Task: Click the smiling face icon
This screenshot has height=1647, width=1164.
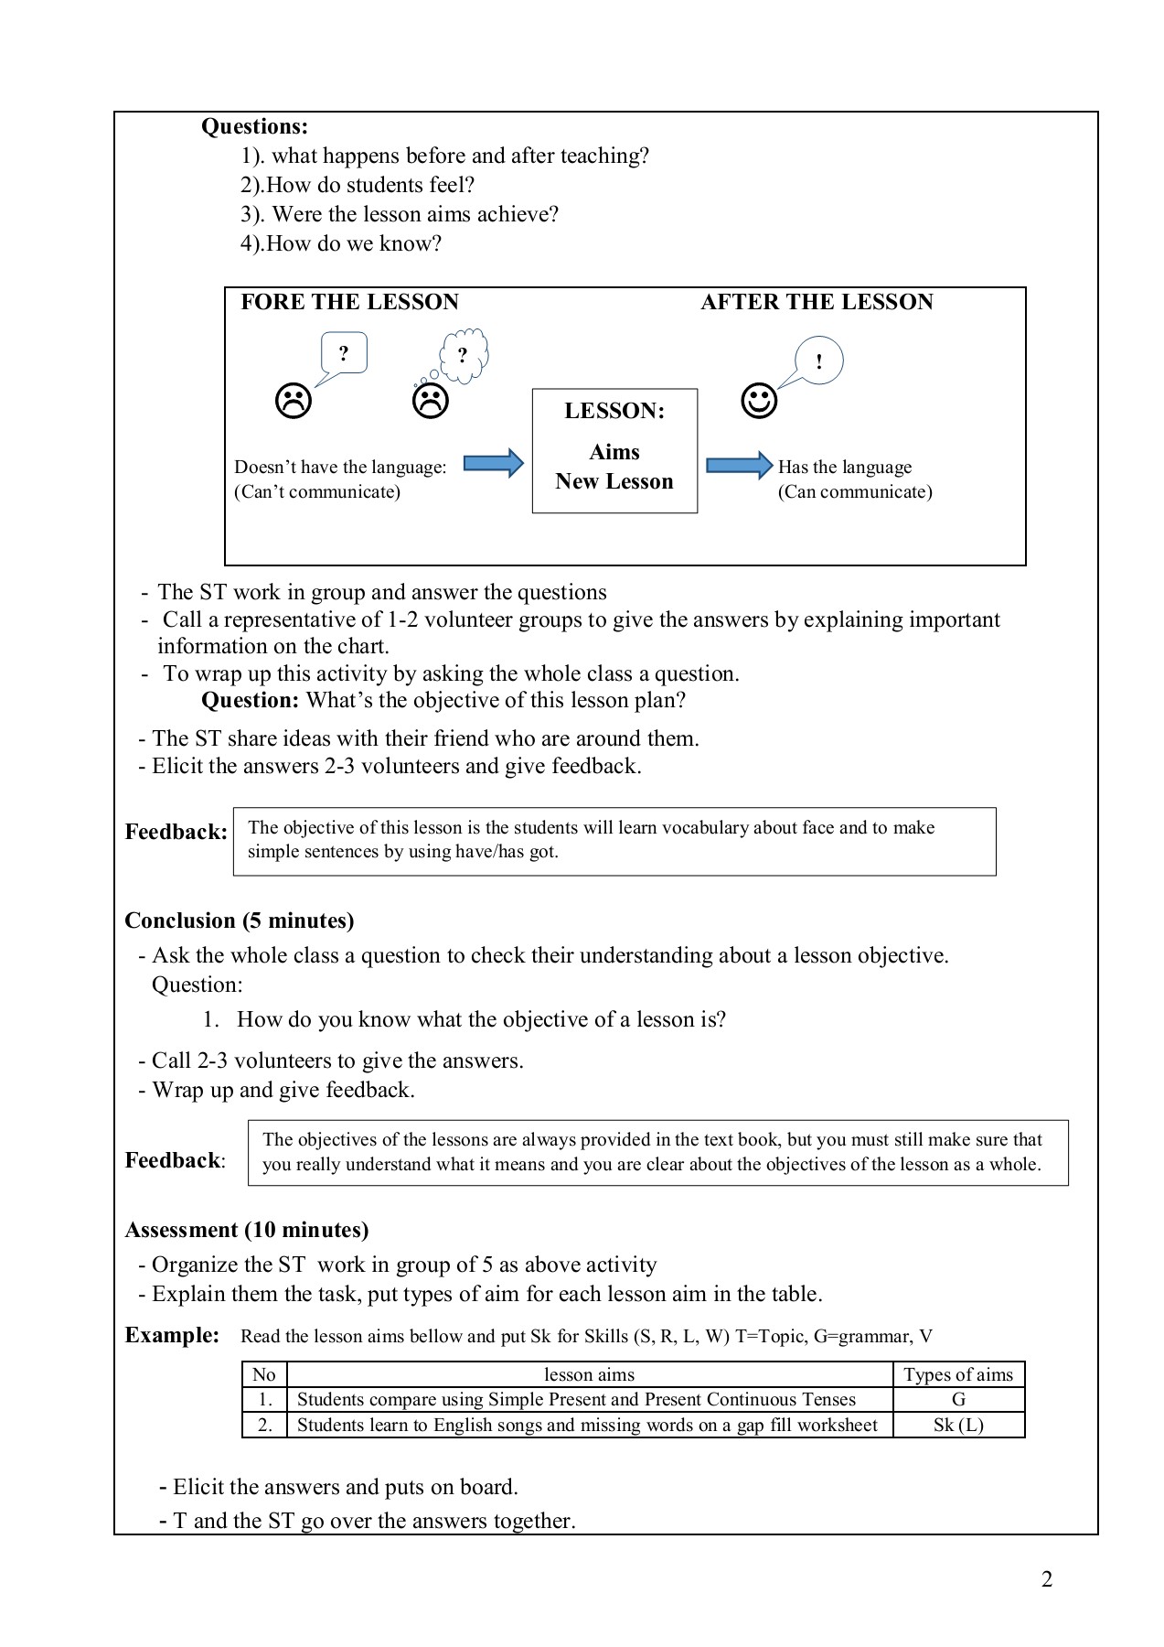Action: click(x=758, y=401)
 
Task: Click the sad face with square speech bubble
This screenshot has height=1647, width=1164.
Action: click(x=293, y=401)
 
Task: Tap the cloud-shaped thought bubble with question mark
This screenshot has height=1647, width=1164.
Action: click(x=464, y=354)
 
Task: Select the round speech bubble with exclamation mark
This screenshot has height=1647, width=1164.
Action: click(x=818, y=361)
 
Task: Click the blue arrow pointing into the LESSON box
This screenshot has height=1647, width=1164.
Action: click(x=493, y=464)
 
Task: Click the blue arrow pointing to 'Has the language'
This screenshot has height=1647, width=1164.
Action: click(x=739, y=465)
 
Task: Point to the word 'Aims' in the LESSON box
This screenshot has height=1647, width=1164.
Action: click(x=614, y=452)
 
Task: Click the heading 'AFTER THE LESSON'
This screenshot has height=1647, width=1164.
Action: click(x=817, y=302)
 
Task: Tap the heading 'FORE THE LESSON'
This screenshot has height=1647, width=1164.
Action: click(x=349, y=302)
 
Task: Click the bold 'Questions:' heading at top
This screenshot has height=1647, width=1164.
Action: click(x=254, y=126)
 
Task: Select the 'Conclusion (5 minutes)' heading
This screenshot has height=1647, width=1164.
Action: click(x=239, y=920)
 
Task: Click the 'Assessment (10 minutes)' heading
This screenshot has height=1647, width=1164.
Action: click(x=246, y=1230)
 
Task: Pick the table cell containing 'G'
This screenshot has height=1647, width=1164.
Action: click(x=958, y=1399)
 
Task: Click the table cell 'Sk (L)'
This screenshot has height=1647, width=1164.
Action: click(x=958, y=1425)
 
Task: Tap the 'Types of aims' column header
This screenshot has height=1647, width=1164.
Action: click(x=958, y=1374)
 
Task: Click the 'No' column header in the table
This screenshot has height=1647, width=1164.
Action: click(x=264, y=1374)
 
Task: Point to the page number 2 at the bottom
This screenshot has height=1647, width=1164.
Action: click(x=1047, y=1579)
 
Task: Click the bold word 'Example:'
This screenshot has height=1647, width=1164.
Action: click(x=172, y=1335)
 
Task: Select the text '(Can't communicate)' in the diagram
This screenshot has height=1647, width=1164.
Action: click(x=317, y=492)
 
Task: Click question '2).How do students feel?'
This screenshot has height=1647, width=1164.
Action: click(x=358, y=185)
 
